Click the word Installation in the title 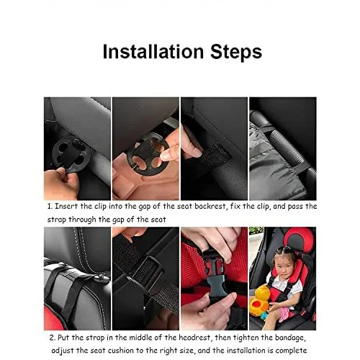tap(153, 52)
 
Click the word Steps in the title tap(236, 52)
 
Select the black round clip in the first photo tap(71, 153)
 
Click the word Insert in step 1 tap(66, 207)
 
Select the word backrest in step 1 tap(210, 207)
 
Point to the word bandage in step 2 tap(290, 338)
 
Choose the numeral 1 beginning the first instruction tap(50, 207)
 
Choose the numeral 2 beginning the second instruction tap(52, 338)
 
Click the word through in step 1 tap(82, 220)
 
